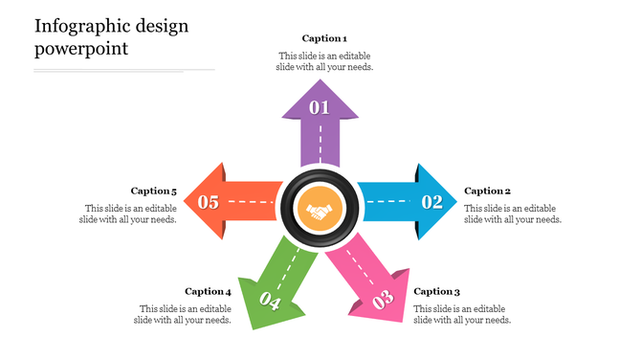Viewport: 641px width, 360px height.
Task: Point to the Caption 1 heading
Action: pyautogui.click(x=324, y=38)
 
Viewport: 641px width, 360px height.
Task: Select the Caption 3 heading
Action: pyautogui.click(x=437, y=291)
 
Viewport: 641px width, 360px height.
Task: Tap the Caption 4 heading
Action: pyautogui.click(x=208, y=291)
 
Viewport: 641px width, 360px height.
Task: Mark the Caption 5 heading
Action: pyautogui.click(x=154, y=191)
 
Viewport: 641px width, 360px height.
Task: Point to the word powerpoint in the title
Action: pyautogui.click(x=81, y=49)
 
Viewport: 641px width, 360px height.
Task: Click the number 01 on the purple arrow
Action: pyautogui.click(x=320, y=107)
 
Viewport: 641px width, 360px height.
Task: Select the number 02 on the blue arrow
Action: pyautogui.click(x=432, y=201)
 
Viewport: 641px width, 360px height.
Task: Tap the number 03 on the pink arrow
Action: pyautogui.click(x=383, y=302)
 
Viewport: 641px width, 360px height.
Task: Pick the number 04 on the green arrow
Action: pyautogui.click(x=269, y=304)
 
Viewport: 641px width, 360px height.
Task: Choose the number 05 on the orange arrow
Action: pyautogui.click(x=208, y=201)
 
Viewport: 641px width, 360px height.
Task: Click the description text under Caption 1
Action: pyautogui.click(x=324, y=61)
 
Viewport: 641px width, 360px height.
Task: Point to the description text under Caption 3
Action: pyautogui.click(x=463, y=314)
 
